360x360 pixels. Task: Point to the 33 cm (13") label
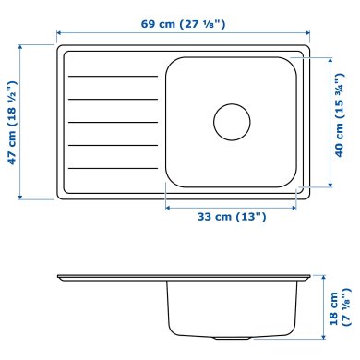(233, 217)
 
